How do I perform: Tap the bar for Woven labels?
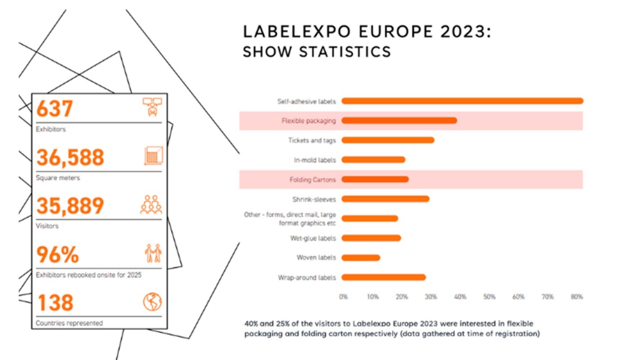coord(361,258)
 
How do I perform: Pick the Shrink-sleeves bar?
coord(385,199)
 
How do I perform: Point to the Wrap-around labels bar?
coord(383,278)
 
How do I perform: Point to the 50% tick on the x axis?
coord(489,297)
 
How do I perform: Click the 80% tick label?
coord(577,297)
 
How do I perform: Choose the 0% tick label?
coord(343,297)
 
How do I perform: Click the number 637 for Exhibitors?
coord(55,109)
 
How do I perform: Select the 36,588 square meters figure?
coord(70,157)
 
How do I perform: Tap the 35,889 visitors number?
coord(70,206)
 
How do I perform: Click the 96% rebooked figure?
coord(57,255)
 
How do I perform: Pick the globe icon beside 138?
coord(152,301)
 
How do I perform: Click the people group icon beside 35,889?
coord(152,204)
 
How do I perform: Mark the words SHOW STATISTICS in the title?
coord(316,52)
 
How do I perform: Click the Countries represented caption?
coord(69,323)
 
